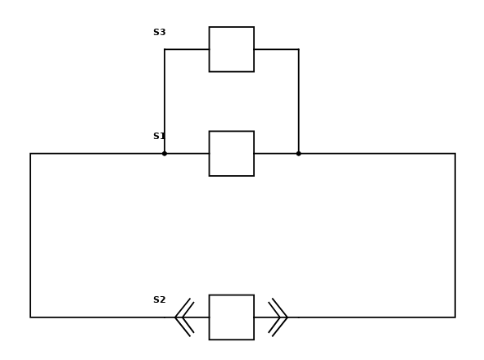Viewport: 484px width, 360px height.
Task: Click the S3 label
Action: point(159,32)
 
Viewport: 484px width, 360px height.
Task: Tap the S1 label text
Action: point(159,136)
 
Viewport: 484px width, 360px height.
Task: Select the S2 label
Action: point(159,299)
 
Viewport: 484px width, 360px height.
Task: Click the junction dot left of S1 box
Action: point(165,154)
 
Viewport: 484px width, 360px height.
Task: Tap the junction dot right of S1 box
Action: point(298,154)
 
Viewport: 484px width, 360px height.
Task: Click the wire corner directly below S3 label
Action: point(165,49)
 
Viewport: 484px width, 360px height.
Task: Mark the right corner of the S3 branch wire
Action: point(298,49)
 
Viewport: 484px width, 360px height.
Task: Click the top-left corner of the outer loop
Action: point(30,154)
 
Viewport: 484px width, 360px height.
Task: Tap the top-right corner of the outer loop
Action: point(455,154)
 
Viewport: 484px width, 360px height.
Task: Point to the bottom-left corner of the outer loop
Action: point(30,317)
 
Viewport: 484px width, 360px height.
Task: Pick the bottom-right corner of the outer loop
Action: point(455,317)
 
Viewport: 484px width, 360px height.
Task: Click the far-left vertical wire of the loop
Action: point(30,236)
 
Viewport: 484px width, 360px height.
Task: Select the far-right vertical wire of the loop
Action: point(455,236)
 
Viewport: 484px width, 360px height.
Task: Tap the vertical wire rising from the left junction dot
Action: point(165,101)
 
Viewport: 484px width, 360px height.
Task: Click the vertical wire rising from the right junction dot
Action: point(298,101)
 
